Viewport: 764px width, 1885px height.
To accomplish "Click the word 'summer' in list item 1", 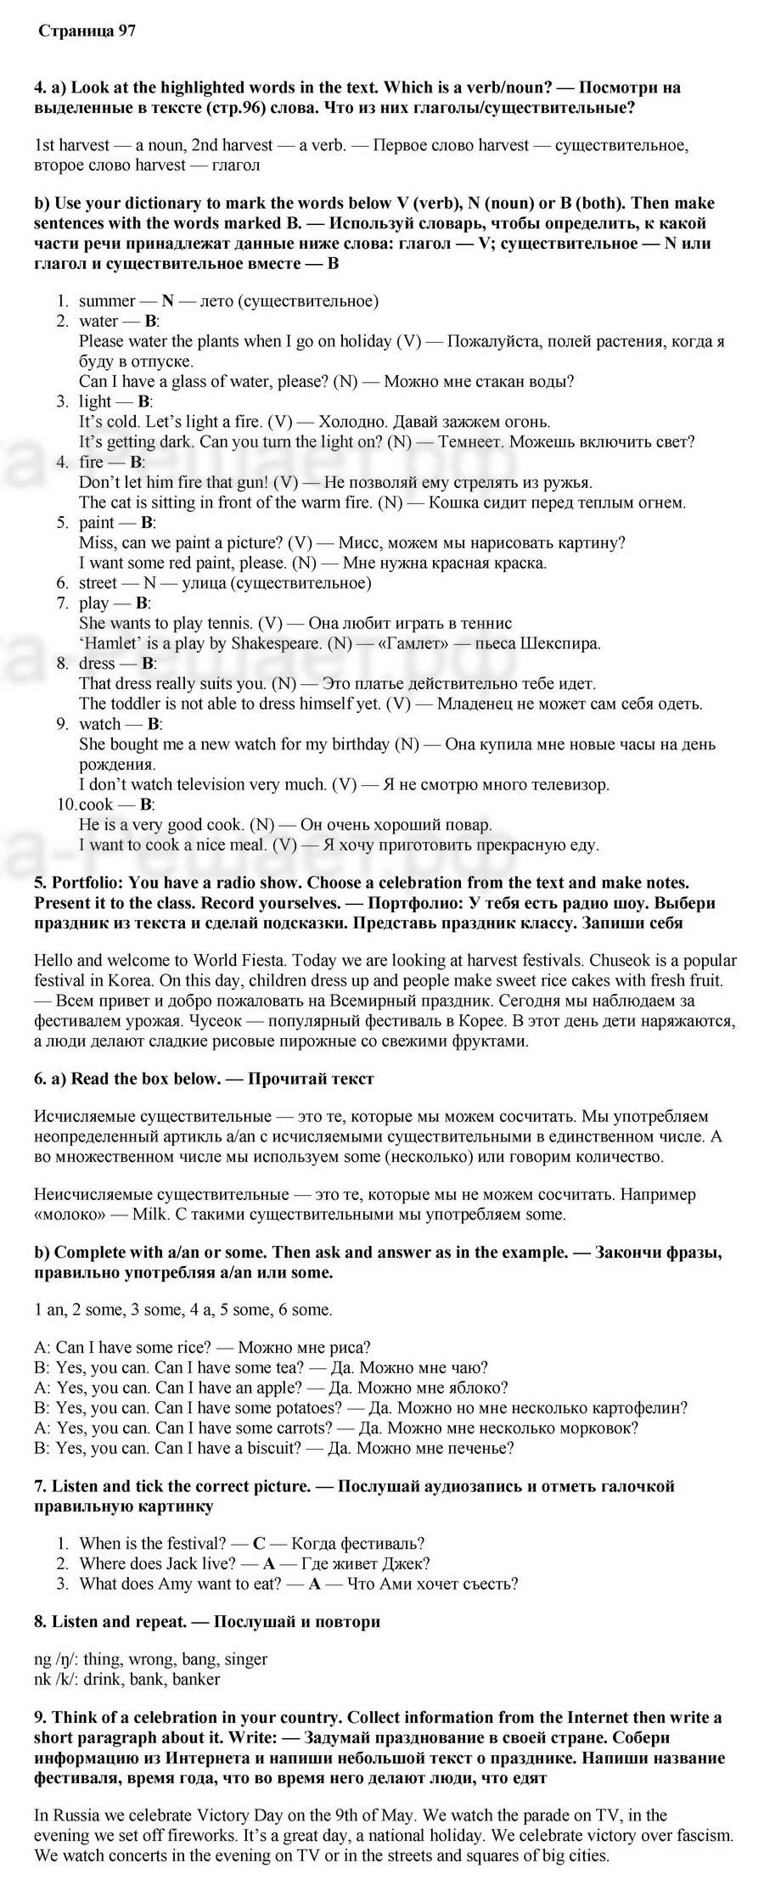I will [x=107, y=300].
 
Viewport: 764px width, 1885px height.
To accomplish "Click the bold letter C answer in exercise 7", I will [x=260, y=1543].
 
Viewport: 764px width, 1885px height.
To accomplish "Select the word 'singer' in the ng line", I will [x=244, y=1658].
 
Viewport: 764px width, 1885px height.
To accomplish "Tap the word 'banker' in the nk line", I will [x=196, y=1679].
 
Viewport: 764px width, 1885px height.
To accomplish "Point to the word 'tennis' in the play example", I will [x=230, y=623].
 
